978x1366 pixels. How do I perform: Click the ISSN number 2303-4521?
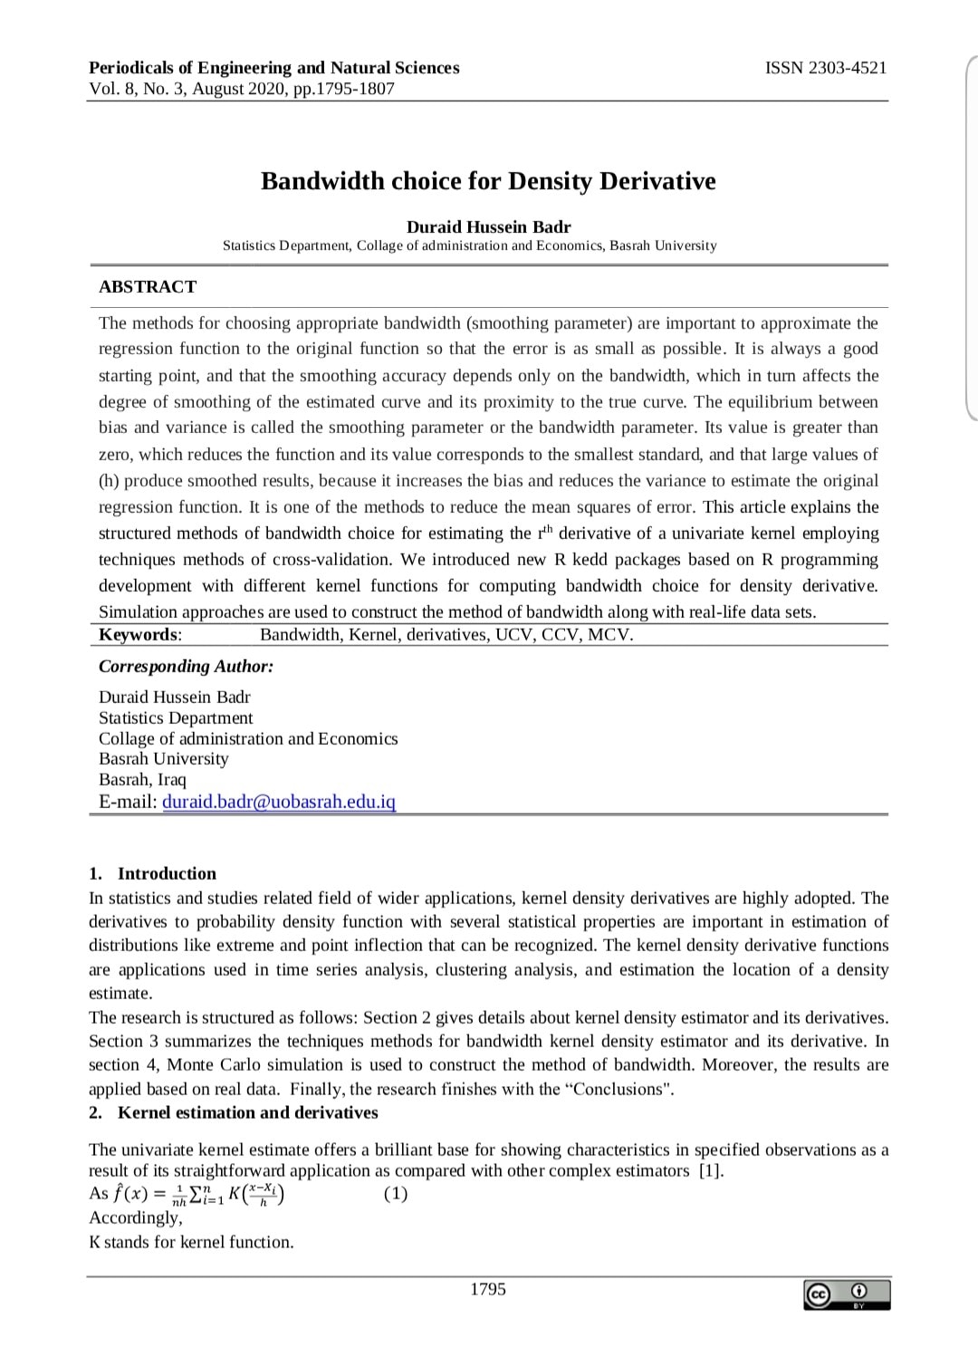pos(826,68)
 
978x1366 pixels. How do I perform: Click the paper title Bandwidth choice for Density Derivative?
pos(488,181)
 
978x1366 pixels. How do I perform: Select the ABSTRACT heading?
pos(148,287)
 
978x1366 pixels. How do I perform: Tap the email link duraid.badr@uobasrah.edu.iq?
pos(279,802)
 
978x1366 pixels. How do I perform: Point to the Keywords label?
pos(140,635)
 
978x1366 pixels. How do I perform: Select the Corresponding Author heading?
pos(186,667)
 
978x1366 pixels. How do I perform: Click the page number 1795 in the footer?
pos(488,1289)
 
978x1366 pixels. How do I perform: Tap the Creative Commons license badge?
pos(847,1294)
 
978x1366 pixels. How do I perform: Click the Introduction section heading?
pos(167,874)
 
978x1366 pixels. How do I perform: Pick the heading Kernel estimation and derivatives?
pos(248,1112)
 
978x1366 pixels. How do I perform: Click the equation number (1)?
pos(396,1194)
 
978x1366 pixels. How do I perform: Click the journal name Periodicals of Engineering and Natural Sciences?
pos(274,68)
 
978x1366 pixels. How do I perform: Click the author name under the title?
pos(488,227)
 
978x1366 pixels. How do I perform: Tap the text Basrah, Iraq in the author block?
pos(142,780)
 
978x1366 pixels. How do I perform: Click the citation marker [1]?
pos(712,1171)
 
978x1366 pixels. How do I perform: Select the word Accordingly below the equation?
pos(135,1217)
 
